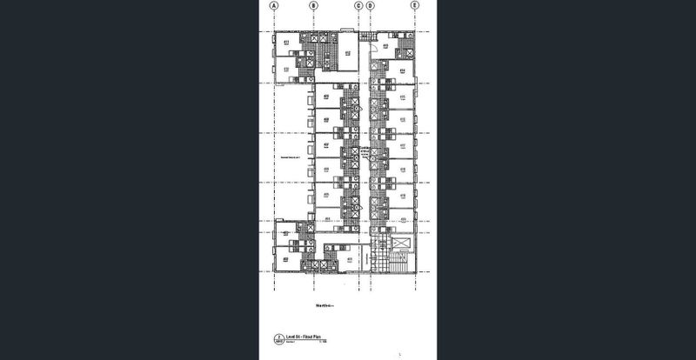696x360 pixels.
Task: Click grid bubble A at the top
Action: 274,5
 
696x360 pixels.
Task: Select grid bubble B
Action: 314,5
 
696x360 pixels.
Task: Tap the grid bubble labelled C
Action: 358,5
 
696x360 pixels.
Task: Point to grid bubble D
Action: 371,5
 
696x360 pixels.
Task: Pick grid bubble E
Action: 415,5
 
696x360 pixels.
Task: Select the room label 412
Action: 346,53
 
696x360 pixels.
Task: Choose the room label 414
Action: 402,70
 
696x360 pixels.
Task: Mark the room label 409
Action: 325,97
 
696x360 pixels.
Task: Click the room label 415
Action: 402,97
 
